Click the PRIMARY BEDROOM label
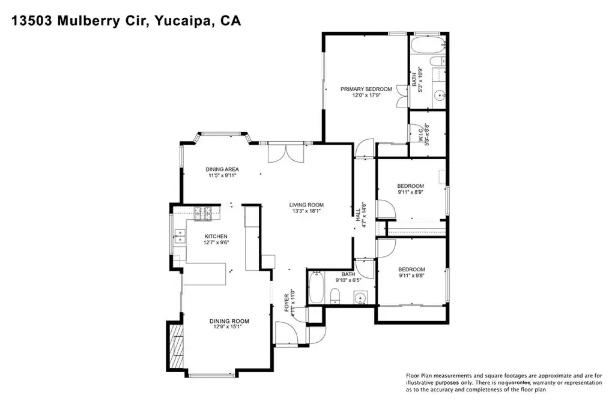pyautogui.click(x=366, y=89)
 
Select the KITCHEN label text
pyautogui.click(x=216, y=236)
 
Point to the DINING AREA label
pyautogui.click(x=222, y=169)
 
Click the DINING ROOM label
pyautogui.click(x=229, y=321)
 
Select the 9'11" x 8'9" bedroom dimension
pyautogui.click(x=410, y=192)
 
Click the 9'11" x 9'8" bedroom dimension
pyautogui.click(x=411, y=276)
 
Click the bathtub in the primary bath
pyautogui.click(x=428, y=44)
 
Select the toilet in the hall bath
pyautogui.click(x=336, y=295)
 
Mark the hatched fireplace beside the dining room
pyautogui.click(x=175, y=347)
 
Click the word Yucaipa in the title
pyautogui.click(x=181, y=22)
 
